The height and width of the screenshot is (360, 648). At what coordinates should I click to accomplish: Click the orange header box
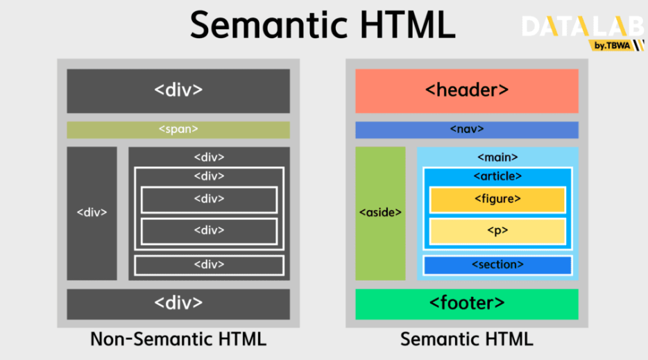466,90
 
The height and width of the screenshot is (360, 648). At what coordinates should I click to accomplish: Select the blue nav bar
466,130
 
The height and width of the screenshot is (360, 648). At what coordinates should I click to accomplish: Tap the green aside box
380,213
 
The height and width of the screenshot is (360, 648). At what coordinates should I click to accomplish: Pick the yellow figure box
497,199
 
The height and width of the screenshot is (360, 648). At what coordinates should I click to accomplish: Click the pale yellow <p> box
497,231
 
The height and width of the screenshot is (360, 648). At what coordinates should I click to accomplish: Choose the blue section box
497,265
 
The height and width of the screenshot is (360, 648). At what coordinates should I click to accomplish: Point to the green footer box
466,304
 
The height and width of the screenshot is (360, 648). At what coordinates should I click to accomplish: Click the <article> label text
497,176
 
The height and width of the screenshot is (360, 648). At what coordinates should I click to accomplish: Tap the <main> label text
497,157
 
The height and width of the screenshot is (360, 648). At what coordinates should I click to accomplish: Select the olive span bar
178,130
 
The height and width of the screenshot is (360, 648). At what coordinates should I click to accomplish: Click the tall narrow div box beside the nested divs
92,213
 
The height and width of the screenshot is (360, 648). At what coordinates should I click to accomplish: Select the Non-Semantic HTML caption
178,340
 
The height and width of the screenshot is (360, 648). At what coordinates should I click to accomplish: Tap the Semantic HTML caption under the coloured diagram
466,340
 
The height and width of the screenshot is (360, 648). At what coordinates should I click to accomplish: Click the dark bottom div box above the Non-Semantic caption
178,304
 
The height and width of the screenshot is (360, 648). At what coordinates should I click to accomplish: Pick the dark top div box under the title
178,90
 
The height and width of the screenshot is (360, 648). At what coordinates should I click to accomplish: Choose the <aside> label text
380,213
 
